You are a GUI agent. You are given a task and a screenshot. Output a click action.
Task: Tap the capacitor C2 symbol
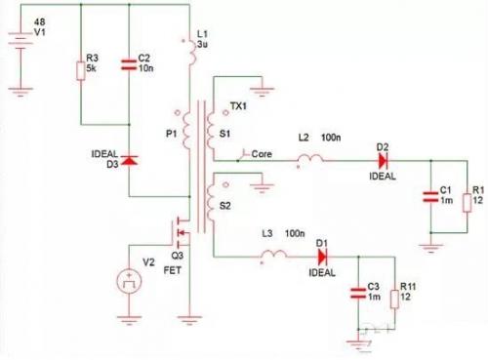pos(131,66)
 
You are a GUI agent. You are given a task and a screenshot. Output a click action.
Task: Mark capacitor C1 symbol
pos(430,197)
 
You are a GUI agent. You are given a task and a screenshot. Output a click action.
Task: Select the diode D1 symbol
pos(319,258)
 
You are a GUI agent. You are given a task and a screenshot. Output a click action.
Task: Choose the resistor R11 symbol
pos(395,297)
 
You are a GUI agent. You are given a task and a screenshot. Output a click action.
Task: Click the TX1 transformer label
pos(239,105)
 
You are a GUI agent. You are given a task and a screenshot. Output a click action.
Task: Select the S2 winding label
pos(225,206)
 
